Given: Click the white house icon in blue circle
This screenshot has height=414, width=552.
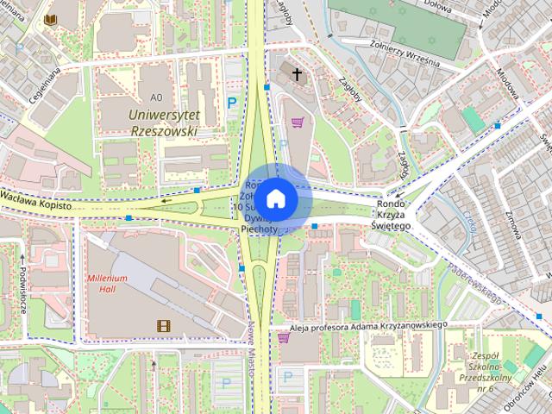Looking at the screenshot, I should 275,198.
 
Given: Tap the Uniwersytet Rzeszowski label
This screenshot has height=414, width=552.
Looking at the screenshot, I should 162,122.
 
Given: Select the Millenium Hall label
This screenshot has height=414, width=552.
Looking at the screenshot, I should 107,284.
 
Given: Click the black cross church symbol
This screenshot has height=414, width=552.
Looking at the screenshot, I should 298,75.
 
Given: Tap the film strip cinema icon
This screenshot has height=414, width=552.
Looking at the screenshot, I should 162,325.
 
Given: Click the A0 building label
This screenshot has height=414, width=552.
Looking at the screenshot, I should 155,97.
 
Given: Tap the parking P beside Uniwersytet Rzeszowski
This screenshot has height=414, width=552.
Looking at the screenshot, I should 231,103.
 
